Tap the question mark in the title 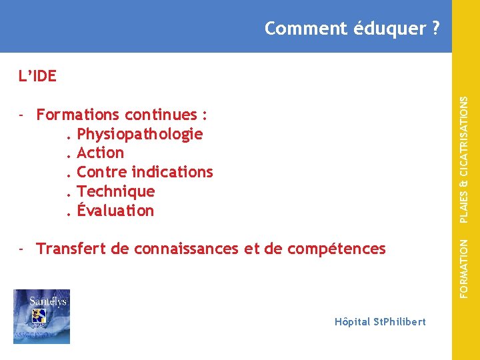[435, 29]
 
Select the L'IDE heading [37, 76]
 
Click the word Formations [78, 115]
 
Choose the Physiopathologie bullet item [140, 134]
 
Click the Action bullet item [101, 153]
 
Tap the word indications [172, 172]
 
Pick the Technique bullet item [116, 191]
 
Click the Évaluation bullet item [115, 211]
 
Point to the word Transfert [71, 249]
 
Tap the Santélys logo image [41, 317]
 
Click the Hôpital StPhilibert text [380, 322]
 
